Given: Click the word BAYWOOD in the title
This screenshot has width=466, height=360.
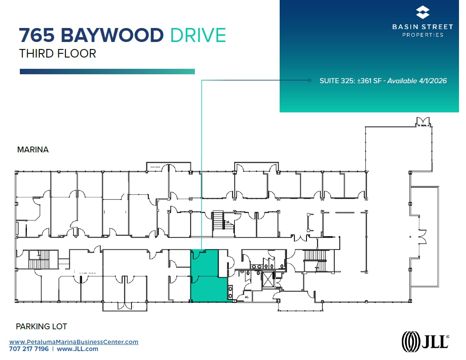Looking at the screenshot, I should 112,35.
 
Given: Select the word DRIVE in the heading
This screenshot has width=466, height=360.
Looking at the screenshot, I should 198,35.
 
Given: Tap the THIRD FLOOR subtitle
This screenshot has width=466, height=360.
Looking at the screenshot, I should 58,53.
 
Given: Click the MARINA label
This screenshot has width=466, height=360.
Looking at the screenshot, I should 33,150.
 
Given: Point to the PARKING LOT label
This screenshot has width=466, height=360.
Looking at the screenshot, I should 41,327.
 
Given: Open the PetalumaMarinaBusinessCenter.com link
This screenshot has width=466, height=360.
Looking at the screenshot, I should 74,342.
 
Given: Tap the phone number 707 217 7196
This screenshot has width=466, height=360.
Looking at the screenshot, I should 29,349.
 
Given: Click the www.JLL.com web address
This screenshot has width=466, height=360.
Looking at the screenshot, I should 77,349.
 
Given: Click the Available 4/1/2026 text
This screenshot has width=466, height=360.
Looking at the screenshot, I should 417,81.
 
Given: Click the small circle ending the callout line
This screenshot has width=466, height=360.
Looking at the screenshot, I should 309,80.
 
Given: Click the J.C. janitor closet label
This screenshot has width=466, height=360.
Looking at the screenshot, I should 247,297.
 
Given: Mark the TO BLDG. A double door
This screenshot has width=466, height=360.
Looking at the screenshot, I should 422,122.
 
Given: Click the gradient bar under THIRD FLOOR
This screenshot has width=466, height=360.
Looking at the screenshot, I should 107,72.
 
